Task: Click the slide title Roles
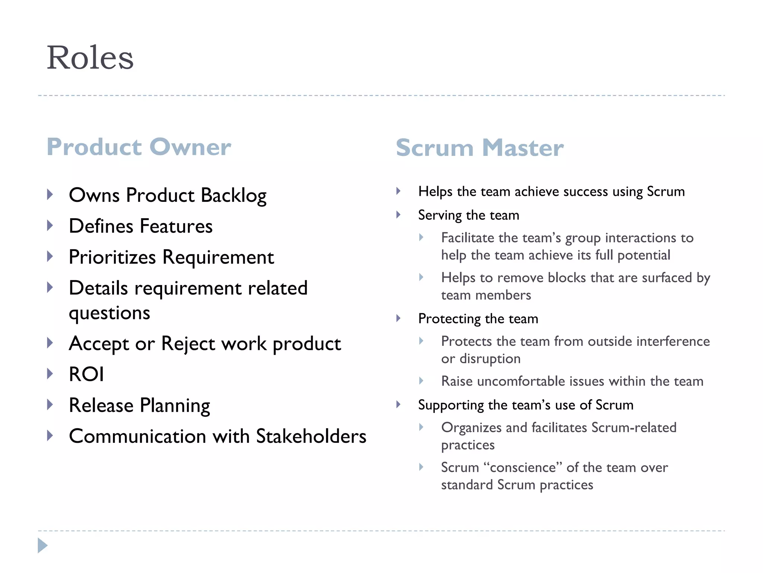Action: [90, 58]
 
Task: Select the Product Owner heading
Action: [139, 147]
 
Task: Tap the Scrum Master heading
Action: [479, 148]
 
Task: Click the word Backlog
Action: [234, 195]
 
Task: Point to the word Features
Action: [176, 226]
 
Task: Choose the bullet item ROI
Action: [86, 374]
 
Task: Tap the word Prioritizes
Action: [112, 257]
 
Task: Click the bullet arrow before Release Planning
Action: [50, 405]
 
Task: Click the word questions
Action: [110, 313]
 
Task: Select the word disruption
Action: [490, 359]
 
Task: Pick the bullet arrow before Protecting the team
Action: [398, 319]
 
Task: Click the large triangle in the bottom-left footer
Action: [42, 545]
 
